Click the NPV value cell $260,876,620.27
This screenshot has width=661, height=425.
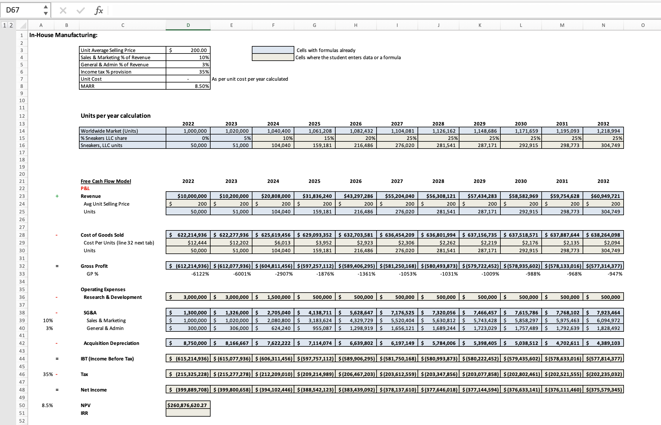188,405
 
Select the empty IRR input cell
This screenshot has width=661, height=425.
188,413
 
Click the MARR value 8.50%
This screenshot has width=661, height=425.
188,86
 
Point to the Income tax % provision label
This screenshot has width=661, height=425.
106,72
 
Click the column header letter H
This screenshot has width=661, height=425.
356,25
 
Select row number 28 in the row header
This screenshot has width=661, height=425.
22,235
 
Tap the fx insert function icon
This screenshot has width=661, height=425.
98,11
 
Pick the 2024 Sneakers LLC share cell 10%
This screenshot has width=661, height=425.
273,138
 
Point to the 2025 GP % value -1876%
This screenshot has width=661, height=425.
325,274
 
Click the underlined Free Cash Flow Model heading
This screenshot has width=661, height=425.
106,181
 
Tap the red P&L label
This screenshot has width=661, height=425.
85,188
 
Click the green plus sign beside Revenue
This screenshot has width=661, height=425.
57,196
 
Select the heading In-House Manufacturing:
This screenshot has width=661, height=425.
63,35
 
